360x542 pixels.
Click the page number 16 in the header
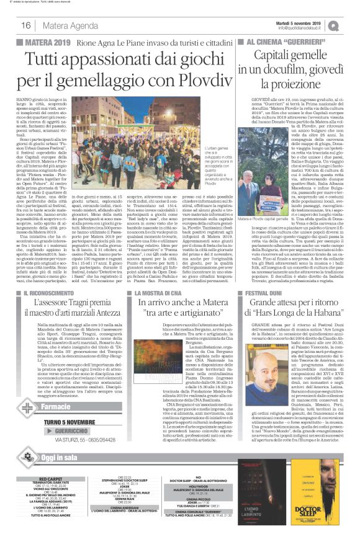26,25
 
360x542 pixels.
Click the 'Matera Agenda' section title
65,25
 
